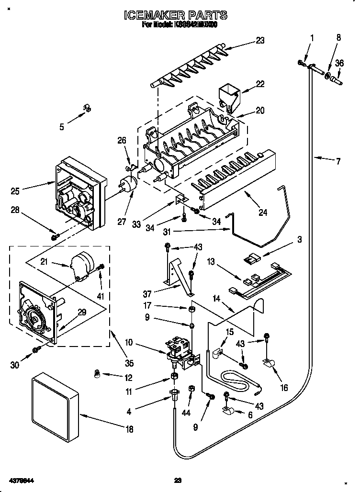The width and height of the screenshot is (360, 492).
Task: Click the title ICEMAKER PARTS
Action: tap(176, 16)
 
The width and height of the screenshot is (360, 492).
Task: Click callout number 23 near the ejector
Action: tap(259, 41)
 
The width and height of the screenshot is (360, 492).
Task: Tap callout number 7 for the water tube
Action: tap(338, 161)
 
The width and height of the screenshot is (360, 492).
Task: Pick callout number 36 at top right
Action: tap(339, 62)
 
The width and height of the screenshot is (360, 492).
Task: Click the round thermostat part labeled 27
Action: tap(127, 185)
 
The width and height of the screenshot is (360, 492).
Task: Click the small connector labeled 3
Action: tap(250, 260)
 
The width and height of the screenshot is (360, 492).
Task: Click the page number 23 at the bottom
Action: tap(178, 480)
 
